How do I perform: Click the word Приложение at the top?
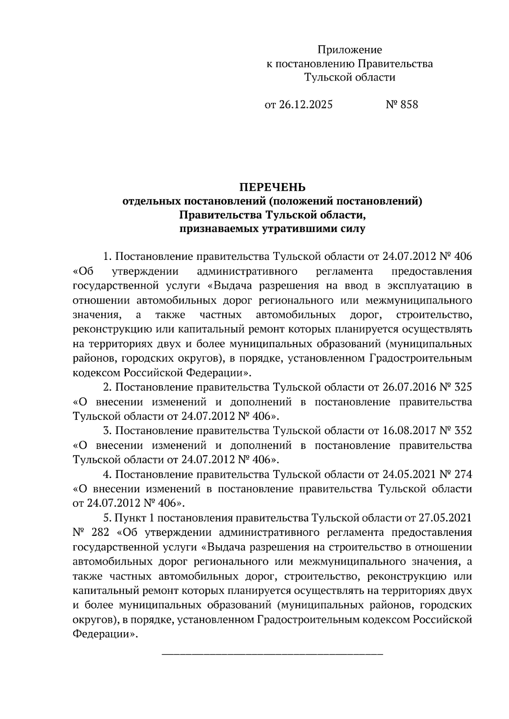(x=350, y=50)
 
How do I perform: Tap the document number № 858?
(x=401, y=104)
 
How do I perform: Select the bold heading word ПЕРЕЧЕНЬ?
(x=272, y=187)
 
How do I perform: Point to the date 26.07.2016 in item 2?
(x=409, y=387)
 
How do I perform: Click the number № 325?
(x=456, y=387)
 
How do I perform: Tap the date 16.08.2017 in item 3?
(x=409, y=431)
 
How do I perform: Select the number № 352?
(x=456, y=431)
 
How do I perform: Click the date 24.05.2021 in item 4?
(x=409, y=474)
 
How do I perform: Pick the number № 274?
(x=456, y=474)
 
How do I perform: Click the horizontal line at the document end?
(x=272, y=655)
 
